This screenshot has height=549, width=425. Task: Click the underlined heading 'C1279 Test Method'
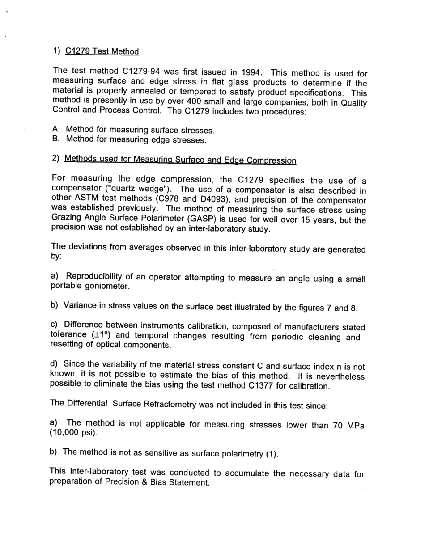click(x=102, y=51)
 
